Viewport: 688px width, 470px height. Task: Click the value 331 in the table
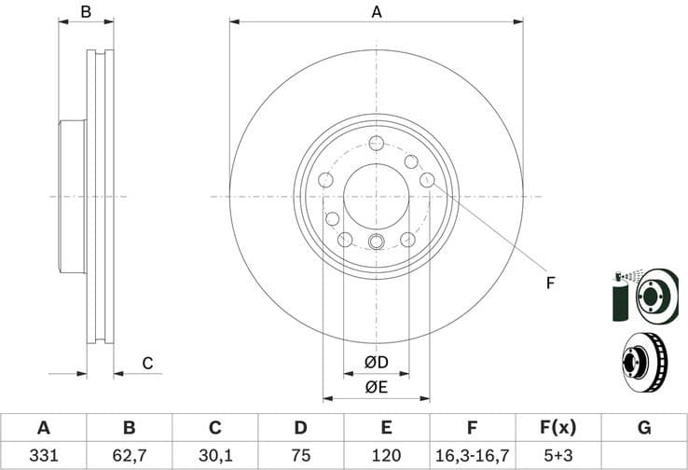point(43,456)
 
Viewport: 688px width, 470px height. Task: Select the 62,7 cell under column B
point(130,456)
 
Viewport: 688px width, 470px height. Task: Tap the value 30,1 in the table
point(214,456)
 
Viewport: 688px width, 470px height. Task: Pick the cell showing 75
point(300,456)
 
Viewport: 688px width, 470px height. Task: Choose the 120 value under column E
point(386,456)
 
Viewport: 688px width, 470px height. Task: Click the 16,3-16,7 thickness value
point(472,456)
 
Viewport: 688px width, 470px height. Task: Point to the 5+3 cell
point(557,456)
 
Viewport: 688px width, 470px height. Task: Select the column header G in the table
point(644,428)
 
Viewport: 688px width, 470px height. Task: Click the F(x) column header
point(557,428)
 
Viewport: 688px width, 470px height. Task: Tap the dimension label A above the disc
point(377,12)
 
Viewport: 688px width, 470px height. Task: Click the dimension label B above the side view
point(86,12)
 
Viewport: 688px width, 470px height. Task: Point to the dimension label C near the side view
point(146,364)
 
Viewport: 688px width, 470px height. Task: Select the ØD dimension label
point(376,362)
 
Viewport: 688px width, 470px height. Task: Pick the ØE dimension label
point(376,387)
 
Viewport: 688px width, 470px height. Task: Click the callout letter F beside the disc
point(550,283)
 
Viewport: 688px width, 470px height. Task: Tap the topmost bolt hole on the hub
point(377,143)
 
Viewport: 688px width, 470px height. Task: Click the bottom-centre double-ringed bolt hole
point(377,242)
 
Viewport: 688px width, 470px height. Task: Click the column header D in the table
point(300,428)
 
